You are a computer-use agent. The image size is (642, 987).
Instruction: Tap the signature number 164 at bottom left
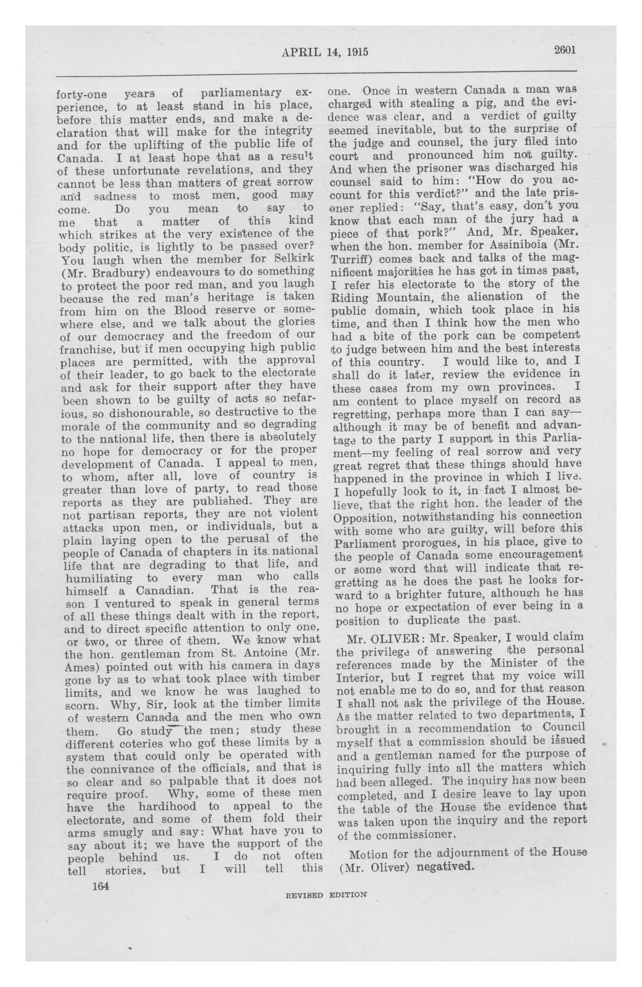tap(100, 886)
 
